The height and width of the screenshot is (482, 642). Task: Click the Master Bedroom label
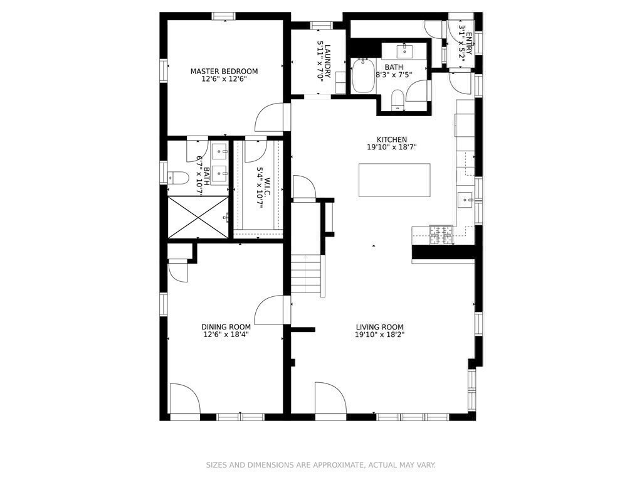tap(224, 71)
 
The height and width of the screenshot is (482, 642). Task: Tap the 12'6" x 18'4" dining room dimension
tap(226, 335)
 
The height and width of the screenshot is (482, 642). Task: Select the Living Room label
tap(379, 327)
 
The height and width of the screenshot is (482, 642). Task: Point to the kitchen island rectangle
tap(394, 180)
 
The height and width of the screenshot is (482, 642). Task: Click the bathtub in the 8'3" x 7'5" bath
tap(362, 77)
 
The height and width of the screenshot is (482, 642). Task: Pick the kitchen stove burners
tap(441, 235)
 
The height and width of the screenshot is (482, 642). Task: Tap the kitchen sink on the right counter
tap(465, 200)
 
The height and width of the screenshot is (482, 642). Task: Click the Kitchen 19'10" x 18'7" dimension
tap(392, 147)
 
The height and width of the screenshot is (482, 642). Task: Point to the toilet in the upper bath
tap(397, 100)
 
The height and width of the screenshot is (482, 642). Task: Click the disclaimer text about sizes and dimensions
tap(320, 465)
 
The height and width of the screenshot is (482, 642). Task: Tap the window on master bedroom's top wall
tap(223, 16)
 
